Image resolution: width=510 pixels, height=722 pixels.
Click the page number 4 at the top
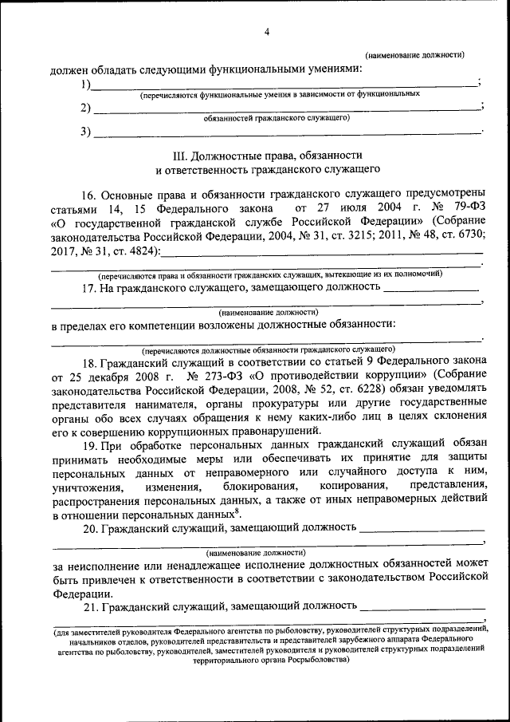coord(267,32)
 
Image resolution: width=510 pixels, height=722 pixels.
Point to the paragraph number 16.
coord(90,194)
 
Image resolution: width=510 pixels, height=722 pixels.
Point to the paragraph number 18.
coord(90,360)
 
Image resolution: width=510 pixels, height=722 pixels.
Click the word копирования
coord(353,486)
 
